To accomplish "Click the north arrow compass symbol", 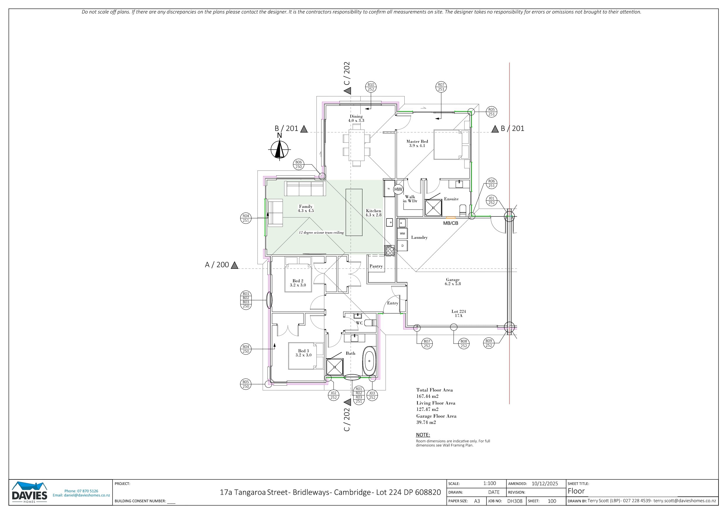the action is [280, 149].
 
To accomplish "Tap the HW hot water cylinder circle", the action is [398, 189].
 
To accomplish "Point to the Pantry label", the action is [376, 266].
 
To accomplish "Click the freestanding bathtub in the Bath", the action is [369, 361].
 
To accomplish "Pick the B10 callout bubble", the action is [371, 87].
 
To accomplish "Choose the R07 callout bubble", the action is [441, 87].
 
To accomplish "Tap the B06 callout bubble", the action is [299, 164].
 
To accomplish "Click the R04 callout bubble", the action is [246, 218].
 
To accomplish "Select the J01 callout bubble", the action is [491, 200].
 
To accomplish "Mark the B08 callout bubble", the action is [464, 344].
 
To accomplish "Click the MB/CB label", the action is [451, 223].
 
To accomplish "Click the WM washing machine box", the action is [402, 234].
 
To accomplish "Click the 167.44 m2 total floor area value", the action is [427, 396].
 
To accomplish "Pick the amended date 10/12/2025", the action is [545, 484].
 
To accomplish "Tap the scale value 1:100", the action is [490, 483].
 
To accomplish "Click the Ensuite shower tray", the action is [433, 208].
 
